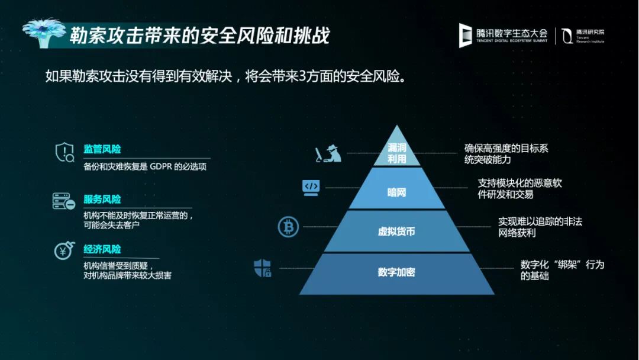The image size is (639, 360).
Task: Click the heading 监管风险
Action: pyautogui.click(x=102, y=149)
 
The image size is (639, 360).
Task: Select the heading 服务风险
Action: pyautogui.click(x=102, y=200)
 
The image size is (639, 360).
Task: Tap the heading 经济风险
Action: pyautogui.click(x=102, y=249)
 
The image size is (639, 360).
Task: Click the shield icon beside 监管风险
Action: pyautogui.click(x=65, y=152)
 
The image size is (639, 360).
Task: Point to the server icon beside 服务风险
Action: pyautogui.click(x=64, y=201)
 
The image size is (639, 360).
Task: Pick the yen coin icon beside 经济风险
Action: pyautogui.click(x=64, y=250)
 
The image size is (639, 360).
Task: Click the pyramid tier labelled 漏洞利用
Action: pyautogui.click(x=397, y=152)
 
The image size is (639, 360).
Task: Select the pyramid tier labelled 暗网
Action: pyautogui.click(x=397, y=188)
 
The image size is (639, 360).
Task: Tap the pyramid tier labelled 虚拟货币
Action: pyautogui.click(x=397, y=231)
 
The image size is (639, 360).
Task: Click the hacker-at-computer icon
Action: pyautogui.click(x=328, y=154)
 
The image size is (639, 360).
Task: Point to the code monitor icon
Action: pyautogui.click(x=311, y=188)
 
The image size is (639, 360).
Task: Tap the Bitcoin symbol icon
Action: pyautogui.click(x=288, y=227)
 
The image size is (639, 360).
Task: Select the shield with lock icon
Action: pyautogui.click(x=263, y=268)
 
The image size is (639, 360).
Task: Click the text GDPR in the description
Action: pyautogui.click(x=161, y=166)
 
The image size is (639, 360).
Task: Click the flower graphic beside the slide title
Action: pyautogui.click(x=44, y=33)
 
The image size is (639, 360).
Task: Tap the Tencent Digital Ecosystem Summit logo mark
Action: pyautogui.click(x=465, y=36)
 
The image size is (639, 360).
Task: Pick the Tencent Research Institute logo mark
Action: pyautogui.click(x=567, y=36)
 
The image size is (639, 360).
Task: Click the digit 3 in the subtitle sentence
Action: pyautogui.click(x=302, y=76)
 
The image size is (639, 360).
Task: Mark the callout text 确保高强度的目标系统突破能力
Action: pyautogui.click(x=506, y=154)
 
